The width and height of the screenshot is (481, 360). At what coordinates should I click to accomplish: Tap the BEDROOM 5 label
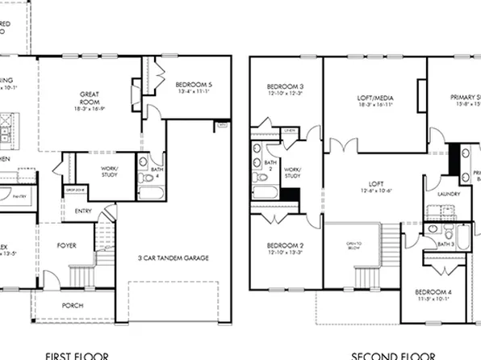pos(194,84)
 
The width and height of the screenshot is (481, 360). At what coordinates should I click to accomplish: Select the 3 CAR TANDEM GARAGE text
pos(173,258)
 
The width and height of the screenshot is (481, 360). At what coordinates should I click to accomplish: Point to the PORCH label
pos(73,306)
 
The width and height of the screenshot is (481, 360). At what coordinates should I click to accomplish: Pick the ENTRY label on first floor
pos(83,211)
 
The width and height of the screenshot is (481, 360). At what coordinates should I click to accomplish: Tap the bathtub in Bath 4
pos(151,193)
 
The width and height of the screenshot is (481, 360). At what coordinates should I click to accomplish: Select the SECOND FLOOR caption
pos(387,354)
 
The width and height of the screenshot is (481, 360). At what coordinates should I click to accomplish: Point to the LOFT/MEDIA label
pos(374,97)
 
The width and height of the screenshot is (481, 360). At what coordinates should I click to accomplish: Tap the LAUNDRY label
pos(448,194)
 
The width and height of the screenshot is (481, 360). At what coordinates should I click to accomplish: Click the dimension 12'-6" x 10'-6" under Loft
pos(374,190)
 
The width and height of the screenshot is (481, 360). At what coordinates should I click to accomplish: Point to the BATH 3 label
pos(446,244)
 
